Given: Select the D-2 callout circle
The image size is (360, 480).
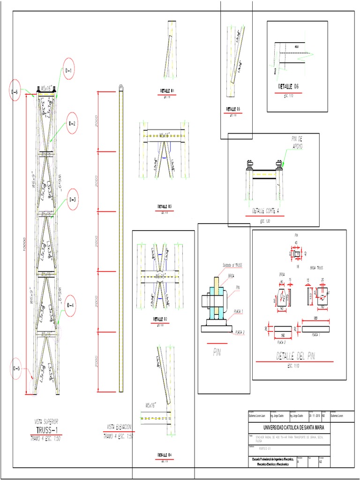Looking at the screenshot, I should tap(73, 124).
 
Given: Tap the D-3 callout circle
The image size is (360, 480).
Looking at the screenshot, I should tap(73, 199).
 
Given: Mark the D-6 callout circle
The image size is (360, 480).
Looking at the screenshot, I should tap(15, 92).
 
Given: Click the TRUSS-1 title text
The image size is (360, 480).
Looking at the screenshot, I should tap(49, 430).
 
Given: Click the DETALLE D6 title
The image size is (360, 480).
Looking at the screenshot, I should tap(288, 87).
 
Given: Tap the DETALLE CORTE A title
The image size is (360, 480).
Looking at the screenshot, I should tap(265, 211).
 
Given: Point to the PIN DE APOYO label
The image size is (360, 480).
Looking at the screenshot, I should tap(298, 142).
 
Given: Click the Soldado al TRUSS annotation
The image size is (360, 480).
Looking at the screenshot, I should tap(232, 266).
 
